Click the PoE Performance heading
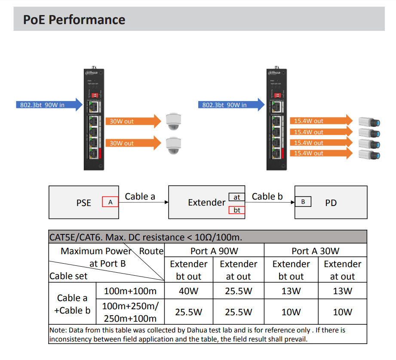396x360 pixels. coord(74,20)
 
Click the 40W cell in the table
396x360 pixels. coord(188,291)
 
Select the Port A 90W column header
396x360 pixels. coord(214,251)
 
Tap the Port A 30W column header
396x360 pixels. coord(315,251)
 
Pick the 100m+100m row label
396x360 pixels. coord(130,291)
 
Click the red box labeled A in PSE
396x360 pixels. coord(110,202)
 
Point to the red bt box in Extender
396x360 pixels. coord(237,210)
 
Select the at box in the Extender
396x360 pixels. coord(237,197)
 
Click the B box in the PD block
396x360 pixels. coord(303,201)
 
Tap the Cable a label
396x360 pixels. coord(140,197)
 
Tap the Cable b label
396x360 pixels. coord(267,197)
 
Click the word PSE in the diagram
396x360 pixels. coord(83,203)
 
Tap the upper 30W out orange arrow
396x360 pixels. coord(131,121)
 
